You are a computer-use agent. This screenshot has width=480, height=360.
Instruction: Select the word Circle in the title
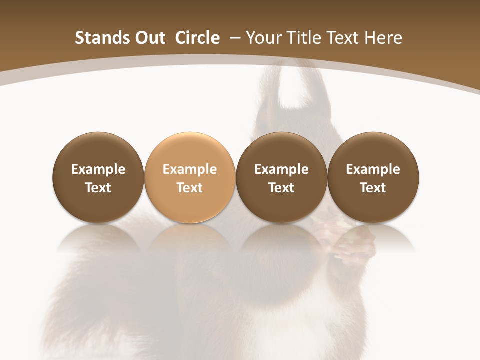(197, 38)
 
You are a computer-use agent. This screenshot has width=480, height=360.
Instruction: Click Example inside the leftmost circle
(98, 169)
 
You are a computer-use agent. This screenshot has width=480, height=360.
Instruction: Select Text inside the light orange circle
(189, 188)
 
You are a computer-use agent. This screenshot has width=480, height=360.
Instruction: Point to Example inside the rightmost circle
(373, 169)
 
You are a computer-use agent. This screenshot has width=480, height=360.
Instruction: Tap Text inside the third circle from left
(281, 188)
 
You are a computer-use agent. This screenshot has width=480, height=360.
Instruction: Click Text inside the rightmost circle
(373, 188)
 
